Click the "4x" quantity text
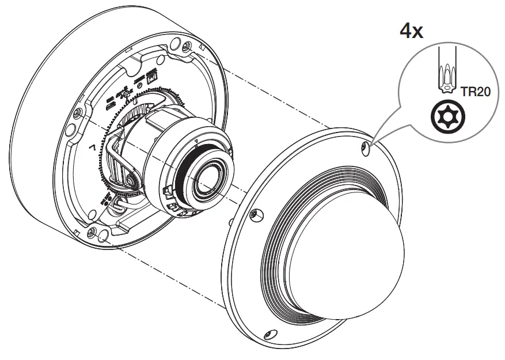pyautogui.click(x=412, y=30)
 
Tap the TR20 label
pyautogui.click(x=475, y=92)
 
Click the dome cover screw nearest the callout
pyautogui.click(x=364, y=149)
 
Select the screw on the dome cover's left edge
pyautogui.click(x=254, y=214)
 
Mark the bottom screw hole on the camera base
pyautogui.click(x=92, y=233)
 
